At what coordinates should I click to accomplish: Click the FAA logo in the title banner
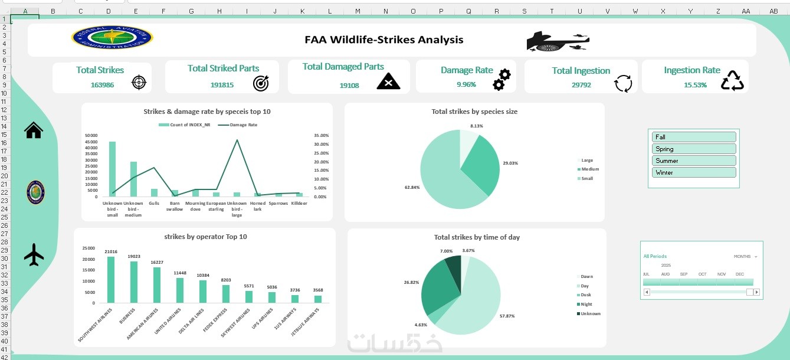(112, 38)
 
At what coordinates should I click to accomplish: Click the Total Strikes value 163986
(102, 85)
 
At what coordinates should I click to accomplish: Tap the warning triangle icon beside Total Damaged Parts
(388, 81)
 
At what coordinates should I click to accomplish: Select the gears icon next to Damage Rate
(501, 79)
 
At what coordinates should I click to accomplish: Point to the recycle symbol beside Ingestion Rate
(732, 81)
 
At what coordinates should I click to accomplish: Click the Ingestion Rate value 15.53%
(695, 85)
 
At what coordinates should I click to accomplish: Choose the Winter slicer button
(694, 172)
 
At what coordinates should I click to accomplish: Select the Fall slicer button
(694, 137)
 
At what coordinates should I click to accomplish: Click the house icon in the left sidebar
(34, 130)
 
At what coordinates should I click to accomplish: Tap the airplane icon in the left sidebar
(34, 255)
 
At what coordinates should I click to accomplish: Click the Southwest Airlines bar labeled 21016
(111, 280)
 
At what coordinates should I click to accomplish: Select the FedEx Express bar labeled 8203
(226, 294)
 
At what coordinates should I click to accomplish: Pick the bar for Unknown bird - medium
(133, 179)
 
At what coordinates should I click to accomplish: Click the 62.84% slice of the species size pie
(440, 177)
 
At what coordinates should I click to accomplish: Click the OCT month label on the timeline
(702, 274)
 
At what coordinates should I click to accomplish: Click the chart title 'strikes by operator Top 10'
(205, 237)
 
